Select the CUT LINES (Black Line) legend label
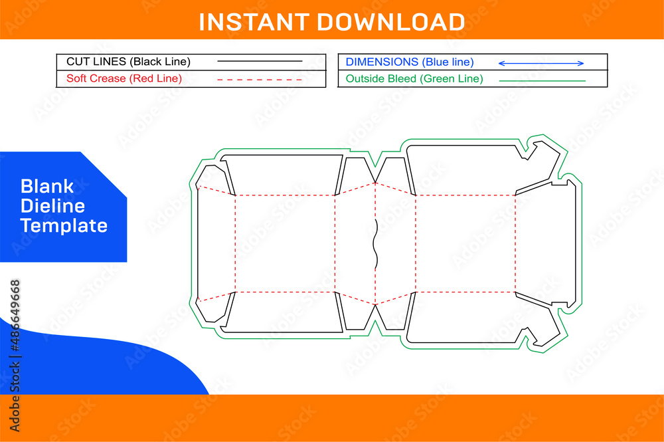point(128,62)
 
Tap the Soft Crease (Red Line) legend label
point(124,78)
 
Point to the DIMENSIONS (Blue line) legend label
point(410,62)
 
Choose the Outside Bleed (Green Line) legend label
point(414,79)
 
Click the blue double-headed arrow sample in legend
point(540,63)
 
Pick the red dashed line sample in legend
point(260,79)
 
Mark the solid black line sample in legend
point(260,62)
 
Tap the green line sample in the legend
point(542,80)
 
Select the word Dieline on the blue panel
point(52,205)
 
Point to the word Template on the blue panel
point(64,225)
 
